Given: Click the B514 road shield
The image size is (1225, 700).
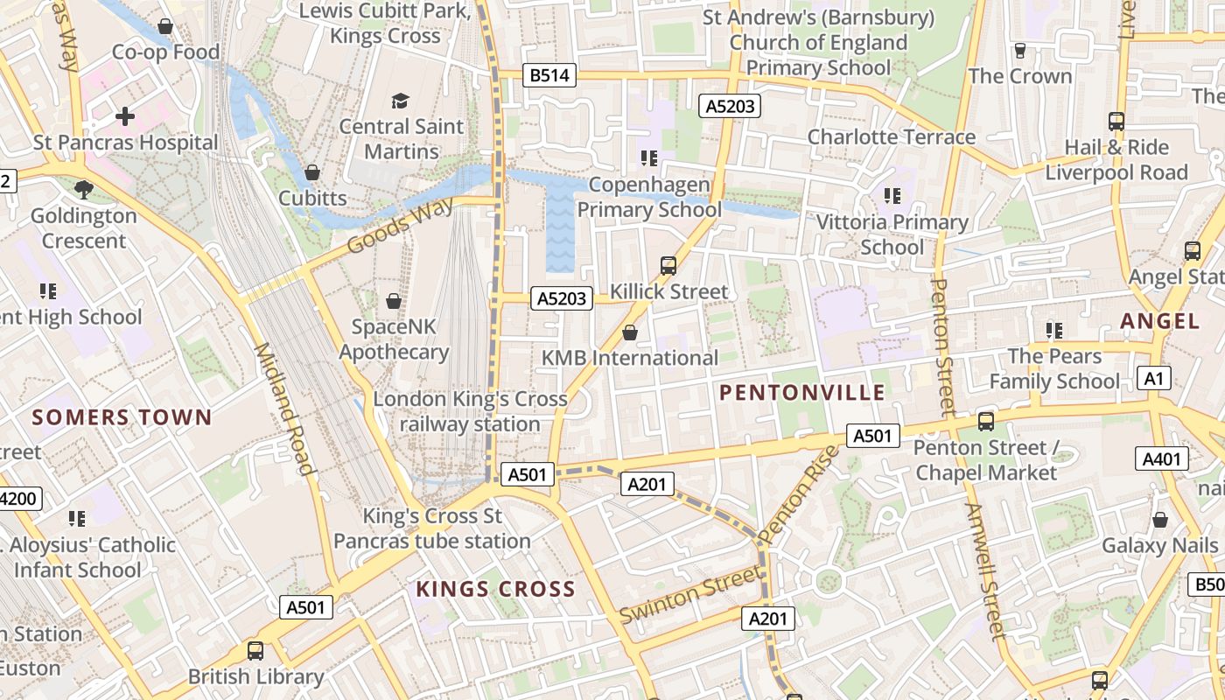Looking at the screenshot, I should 549,75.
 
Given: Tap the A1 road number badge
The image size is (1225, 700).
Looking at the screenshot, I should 1154,378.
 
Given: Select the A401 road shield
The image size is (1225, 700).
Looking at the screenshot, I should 1162,458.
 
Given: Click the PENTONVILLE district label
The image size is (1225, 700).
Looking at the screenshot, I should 802,393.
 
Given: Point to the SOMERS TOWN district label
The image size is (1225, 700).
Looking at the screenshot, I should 122,417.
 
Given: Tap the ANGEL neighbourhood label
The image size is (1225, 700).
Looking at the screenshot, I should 1159,321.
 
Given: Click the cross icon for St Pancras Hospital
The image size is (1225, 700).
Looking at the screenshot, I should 125,115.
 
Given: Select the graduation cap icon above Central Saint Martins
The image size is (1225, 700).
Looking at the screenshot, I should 400,101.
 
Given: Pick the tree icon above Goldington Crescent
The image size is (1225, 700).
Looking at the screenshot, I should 83,189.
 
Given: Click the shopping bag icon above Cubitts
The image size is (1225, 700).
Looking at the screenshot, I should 312,172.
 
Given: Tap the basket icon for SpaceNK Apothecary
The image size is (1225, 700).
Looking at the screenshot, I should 394,301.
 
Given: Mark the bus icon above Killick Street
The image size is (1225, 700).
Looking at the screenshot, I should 668,265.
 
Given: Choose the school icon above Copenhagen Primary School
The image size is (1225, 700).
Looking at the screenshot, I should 649,158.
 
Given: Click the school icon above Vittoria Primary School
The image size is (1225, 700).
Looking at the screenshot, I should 892,196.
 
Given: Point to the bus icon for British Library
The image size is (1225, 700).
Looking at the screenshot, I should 255,651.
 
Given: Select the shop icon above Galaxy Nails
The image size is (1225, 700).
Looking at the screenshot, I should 1159,520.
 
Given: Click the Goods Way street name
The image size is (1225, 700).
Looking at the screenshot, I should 400,226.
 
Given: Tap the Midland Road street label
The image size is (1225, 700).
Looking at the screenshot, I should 283,409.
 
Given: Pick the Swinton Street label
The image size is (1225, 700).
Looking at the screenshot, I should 690,594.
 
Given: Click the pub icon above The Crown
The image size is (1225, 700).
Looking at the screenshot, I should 1019,51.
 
